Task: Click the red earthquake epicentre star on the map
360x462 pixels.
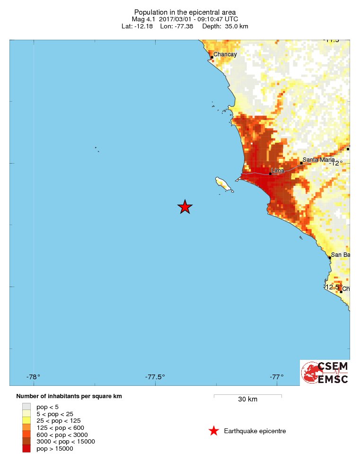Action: pos(185,207)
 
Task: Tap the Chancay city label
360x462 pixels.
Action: pos(225,54)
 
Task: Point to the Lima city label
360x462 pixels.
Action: pos(278,170)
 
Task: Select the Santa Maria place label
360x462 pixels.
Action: pos(318,160)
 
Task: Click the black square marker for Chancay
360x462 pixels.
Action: pos(212,58)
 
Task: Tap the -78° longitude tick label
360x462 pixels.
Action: pos(33,377)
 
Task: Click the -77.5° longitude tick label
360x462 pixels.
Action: pos(155,377)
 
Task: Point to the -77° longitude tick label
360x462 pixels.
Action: pos(276,377)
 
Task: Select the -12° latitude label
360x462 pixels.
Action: pos(336,163)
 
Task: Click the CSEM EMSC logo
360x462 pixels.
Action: pos(325,373)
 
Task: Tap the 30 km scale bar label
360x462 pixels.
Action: pos(247,399)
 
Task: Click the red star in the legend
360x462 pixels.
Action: pos(214,431)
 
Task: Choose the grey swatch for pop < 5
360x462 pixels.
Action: pos(26,406)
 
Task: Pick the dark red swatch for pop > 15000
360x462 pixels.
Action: pos(26,449)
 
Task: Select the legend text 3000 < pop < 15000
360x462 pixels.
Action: pos(66,442)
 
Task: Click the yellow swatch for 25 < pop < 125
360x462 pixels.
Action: pos(26,420)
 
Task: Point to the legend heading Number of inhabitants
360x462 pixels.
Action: pos(69,396)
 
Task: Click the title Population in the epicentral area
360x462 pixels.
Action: pos(185,12)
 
